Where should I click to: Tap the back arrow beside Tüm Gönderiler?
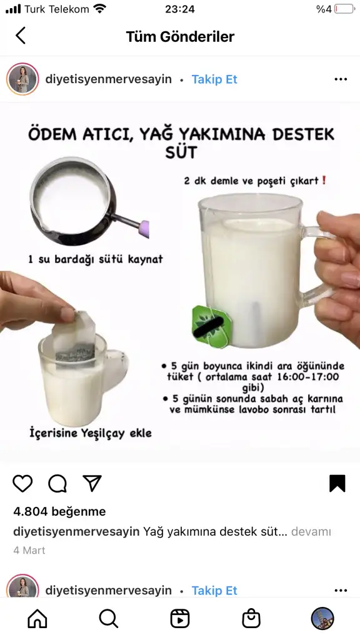pyautogui.click(x=21, y=36)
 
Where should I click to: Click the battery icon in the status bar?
pyautogui.click(x=344, y=9)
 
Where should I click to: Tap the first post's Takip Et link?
pyautogui.click(x=214, y=79)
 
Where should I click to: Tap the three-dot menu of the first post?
pyautogui.click(x=341, y=79)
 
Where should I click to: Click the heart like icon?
pyautogui.click(x=22, y=483)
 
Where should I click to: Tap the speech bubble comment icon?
pyautogui.click(x=57, y=483)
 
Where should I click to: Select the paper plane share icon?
pyautogui.click(x=92, y=483)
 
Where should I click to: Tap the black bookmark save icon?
pyautogui.click(x=337, y=483)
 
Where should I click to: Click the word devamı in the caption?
pyautogui.click(x=311, y=532)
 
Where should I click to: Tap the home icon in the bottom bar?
pyautogui.click(x=37, y=619)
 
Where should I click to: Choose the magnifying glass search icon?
pyautogui.click(x=109, y=619)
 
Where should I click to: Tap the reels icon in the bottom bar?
pyautogui.click(x=179, y=619)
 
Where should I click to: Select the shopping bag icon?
pyautogui.click(x=251, y=619)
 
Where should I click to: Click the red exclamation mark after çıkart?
pyautogui.click(x=324, y=180)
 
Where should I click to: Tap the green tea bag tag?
pyautogui.click(x=212, y=326)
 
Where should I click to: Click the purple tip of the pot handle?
pyautogui.click(x=144, y=229)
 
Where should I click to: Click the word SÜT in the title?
pyautogui.click(x=181, y=152)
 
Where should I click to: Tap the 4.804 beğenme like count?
pyautogui.click(x=59, y=511)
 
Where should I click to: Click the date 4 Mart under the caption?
pyautogui.click(x=29, y=550)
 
